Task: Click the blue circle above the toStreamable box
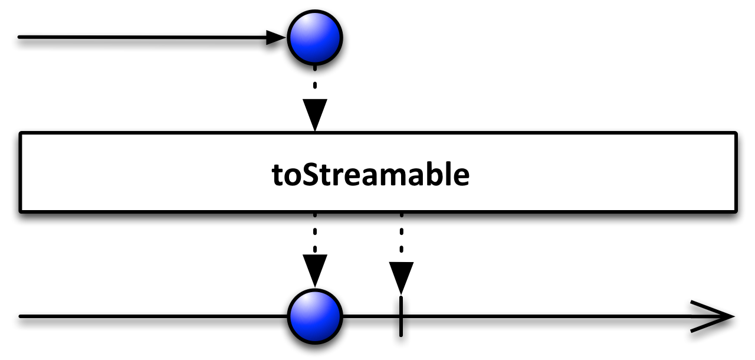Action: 315,37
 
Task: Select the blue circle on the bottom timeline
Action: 315,316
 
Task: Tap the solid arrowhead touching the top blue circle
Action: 275,37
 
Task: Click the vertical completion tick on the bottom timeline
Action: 401,316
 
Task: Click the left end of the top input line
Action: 19,37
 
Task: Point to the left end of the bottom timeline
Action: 20,316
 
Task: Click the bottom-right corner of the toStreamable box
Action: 736,211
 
